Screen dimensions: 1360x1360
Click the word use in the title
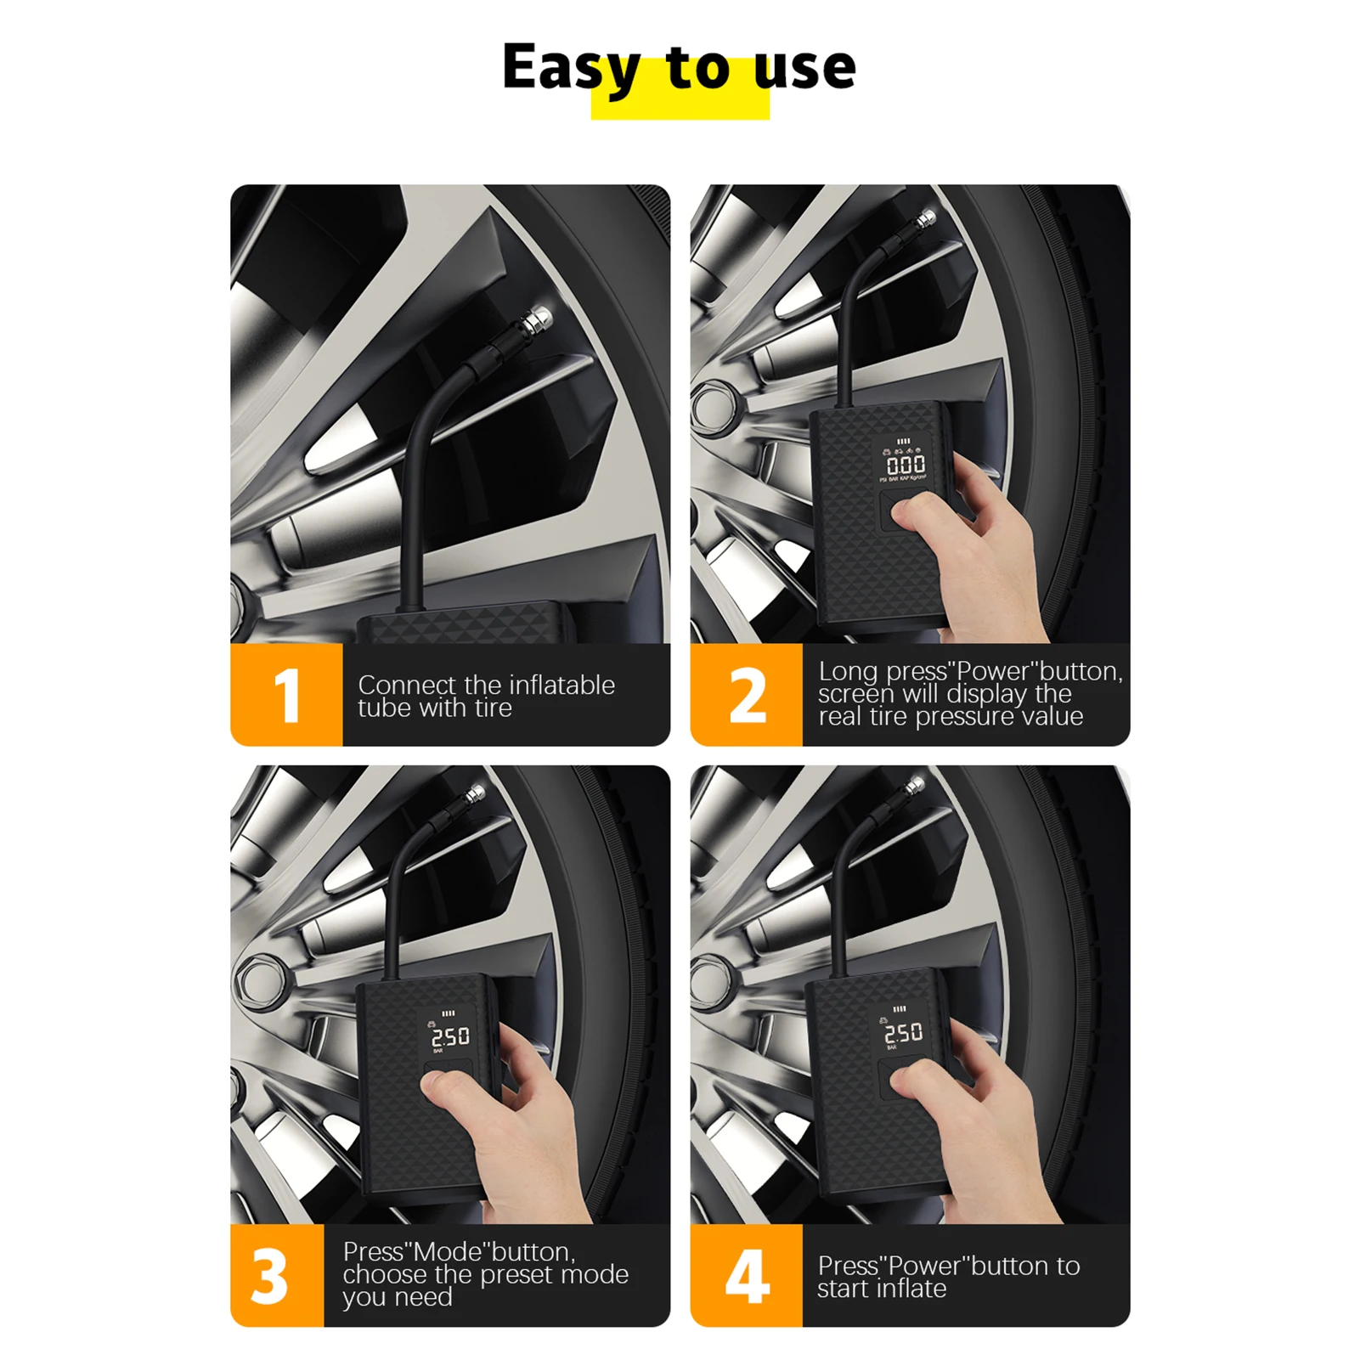pyautogui.click(x=804, y=68)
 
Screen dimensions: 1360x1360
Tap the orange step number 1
pyautogui.click(x=287, y=695)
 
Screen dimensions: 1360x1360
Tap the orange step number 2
pyautogui.click(x=747, y=695)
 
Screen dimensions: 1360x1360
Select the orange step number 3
pyautogui.click(x=269, y=1276)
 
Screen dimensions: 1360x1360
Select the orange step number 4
pyautogui.click(x=747, y=1276)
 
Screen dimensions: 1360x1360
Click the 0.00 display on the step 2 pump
pyautogui.click(x=906, y=465)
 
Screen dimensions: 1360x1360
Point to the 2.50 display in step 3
pyautogui.click(x=450, y=1037)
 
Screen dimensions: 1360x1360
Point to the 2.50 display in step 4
pyautogui.click(x=903, y=1033)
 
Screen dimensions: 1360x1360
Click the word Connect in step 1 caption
pyautogui.click(x=407, y=685)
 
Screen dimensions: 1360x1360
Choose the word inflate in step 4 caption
pyautogui.click(x=913, y=1289)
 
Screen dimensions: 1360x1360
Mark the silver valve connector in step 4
pyautogui.click(x=914, y=787)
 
